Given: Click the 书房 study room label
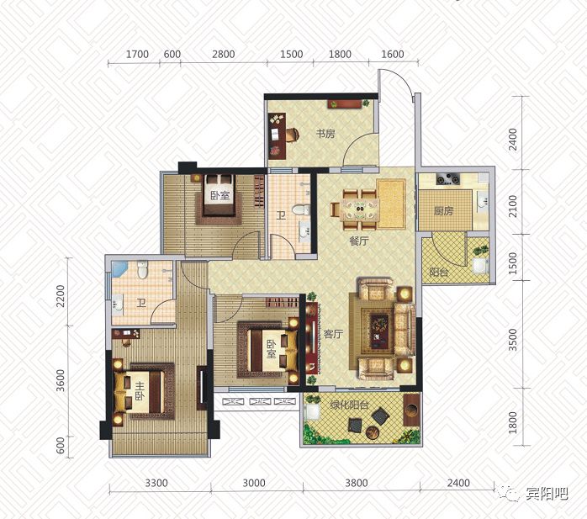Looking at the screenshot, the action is (325, 134).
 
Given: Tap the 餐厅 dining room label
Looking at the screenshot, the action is (358, 241).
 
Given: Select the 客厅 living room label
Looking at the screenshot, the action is (333, 334).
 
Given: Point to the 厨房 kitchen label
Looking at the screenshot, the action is (444, 211).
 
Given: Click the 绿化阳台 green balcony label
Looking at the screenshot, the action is (349, 405).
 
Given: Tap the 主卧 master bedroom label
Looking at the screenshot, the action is (140, 391).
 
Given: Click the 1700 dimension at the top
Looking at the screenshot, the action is (137, 55).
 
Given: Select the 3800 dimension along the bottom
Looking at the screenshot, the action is (356, 483).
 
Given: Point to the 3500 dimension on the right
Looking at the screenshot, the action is (513, 340).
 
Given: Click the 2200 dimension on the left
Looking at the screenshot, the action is (61, 296).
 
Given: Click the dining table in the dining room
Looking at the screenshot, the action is (360, 209).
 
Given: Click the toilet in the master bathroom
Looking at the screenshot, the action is (142, 269).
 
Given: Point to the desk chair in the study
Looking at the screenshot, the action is (293, 135).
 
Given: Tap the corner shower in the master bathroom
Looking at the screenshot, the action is (119, 269).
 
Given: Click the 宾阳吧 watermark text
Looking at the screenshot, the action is (547, 495).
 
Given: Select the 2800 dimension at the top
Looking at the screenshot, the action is (224, 55).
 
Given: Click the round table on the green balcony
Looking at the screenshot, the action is (373, 432).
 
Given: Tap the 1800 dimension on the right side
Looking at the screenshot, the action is (513, 422).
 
